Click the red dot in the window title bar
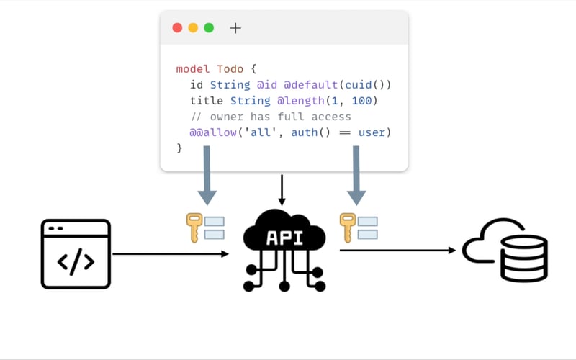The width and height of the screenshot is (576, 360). pos(177,28)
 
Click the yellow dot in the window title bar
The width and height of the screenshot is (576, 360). pos(193,28)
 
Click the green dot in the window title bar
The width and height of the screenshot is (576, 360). pos(209,28)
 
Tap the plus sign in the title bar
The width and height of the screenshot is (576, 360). pos(235,28)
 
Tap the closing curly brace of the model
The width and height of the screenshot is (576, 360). pos(179,148)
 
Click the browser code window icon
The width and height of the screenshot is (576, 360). pos(76,253)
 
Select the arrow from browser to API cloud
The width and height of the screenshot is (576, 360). pos(171,253)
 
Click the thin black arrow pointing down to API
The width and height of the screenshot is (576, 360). pos(282,190)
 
